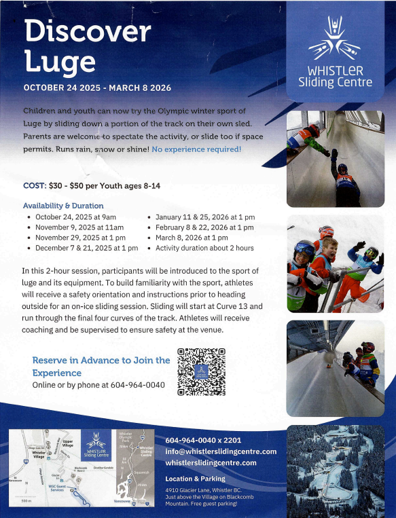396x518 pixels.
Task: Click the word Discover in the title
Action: coord(87,31)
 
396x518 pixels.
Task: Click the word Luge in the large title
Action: coord(60,62)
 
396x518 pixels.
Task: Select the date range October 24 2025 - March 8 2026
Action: coord(97,88)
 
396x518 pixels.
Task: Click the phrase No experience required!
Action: coord(196,148)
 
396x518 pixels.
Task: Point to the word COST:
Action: coord(35,185)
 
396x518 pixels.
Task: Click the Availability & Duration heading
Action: coord(63,206)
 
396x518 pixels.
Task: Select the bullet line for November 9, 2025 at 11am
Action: coord(76,227)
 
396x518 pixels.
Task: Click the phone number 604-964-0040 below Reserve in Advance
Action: coord(132,385)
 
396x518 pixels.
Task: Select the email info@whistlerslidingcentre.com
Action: coord(221,451)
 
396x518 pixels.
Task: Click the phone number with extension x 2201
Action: coord(203,441)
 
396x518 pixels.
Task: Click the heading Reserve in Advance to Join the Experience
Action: coord(101,366)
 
